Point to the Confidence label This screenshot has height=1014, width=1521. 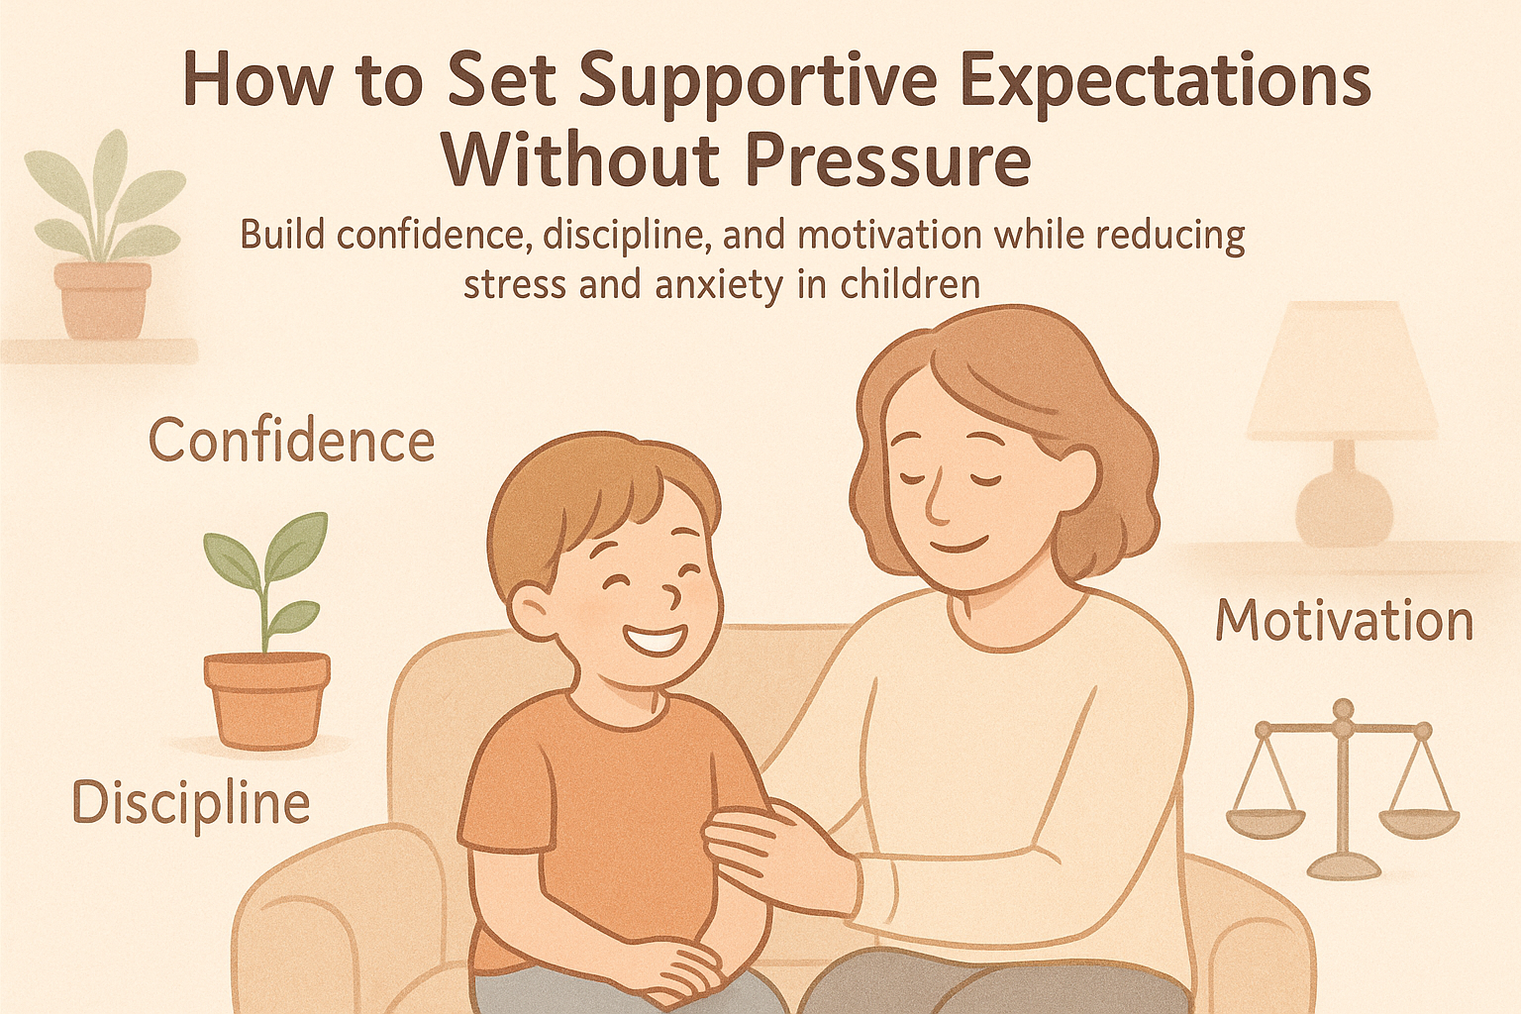[291, 442]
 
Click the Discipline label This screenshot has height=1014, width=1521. [191, 804]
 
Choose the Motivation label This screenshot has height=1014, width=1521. [1344, 622]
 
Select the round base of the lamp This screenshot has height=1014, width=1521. [1344, 506]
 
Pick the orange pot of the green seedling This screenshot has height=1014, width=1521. [266, 698]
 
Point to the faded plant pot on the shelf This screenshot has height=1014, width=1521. [103, 298]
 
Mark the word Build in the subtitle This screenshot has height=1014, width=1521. [280, 237]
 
